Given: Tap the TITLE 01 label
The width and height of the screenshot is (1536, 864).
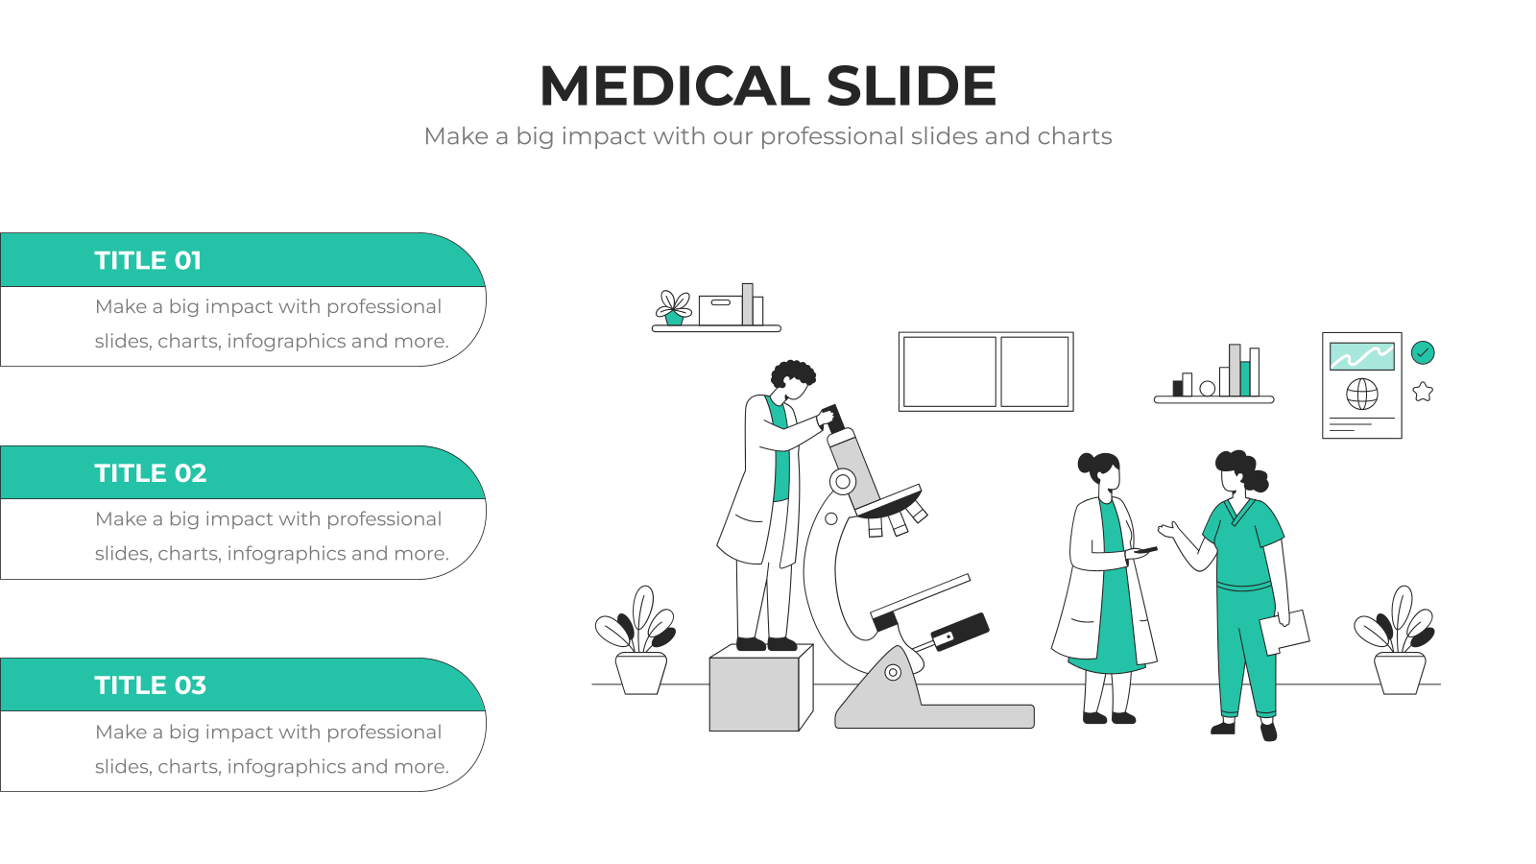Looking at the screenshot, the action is click(148, 260).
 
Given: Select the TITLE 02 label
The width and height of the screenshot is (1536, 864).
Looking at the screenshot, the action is click(151, 473).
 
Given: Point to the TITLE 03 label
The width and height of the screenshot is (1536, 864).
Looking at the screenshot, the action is click(151, 685).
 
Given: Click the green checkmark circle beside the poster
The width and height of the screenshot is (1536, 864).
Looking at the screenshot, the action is click(1423, 352).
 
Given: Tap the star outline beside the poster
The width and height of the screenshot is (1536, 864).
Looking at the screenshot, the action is click(1423, 392).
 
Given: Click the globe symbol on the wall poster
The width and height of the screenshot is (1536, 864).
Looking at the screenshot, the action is click(1362, 394).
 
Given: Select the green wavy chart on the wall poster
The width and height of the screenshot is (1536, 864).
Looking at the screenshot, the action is click(1362, 356).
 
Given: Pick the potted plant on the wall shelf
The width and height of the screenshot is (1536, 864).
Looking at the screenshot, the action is click(674, 308).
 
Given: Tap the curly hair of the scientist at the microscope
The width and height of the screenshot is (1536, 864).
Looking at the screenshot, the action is click(793, 374).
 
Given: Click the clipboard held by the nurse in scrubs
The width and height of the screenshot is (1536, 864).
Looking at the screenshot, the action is click(1284, 632).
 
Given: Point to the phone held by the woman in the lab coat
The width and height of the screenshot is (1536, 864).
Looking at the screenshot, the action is click(1146, 550).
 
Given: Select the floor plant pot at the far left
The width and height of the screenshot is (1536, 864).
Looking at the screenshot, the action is click(641, 673).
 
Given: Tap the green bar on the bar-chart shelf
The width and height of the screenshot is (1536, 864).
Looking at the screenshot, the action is click(1244, 378).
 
